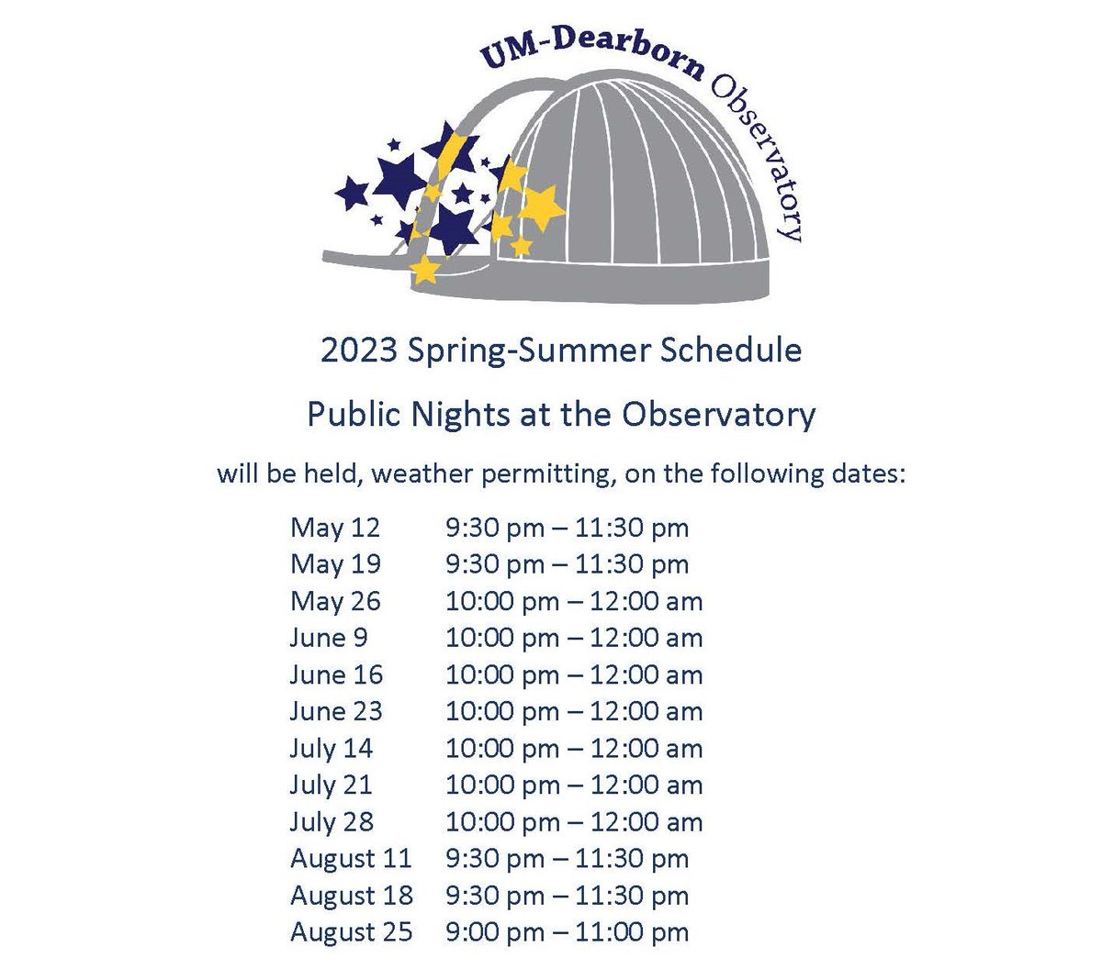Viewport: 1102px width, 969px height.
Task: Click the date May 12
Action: [x=334, y=528]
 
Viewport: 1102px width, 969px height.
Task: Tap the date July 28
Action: [x=332, y=822]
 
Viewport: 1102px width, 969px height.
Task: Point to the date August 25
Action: [x=351, y=932]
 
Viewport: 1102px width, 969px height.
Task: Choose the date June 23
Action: [x=336, y=711]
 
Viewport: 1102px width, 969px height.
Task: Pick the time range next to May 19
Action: [x=567, y=564]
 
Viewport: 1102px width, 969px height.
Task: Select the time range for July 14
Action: [x=574, y=749]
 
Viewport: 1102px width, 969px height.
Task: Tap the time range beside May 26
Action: [x=574, y=601]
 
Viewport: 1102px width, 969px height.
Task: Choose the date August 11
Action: [x=351, y=859]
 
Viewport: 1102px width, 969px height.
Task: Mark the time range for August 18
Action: [x=567, y=896]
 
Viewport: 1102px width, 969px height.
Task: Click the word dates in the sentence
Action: [x=867, y=475]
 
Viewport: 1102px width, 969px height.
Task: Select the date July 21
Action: [x=332, y=785]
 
